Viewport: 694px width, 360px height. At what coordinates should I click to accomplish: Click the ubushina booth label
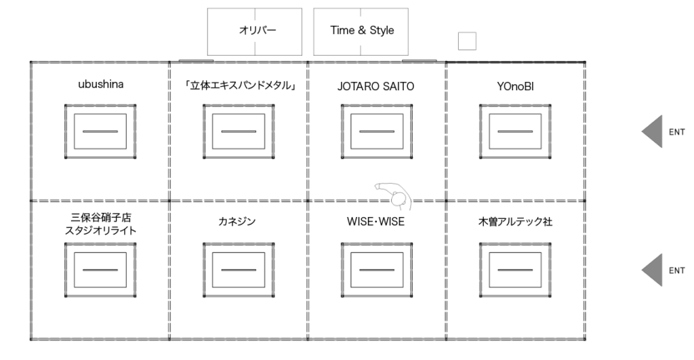100,86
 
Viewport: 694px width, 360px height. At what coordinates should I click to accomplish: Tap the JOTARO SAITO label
375,86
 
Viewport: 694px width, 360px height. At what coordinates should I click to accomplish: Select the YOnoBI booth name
515,86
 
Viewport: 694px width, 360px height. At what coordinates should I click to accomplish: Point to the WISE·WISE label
375,221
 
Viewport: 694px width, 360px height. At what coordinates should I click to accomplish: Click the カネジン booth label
238,221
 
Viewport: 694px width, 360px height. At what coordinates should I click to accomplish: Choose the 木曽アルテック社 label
515,221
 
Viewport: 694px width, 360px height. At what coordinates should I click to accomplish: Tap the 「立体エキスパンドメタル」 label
238,86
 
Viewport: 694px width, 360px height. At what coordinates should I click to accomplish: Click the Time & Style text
361,31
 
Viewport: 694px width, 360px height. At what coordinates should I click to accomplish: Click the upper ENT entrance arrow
652,132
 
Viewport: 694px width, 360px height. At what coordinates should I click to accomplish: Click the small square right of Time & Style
467,41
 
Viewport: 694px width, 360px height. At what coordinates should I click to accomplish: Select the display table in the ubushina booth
100,132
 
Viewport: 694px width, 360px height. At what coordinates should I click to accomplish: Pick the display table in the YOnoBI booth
515,132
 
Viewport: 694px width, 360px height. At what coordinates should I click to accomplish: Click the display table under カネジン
238,269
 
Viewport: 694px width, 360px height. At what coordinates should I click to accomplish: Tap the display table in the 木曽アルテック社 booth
515,269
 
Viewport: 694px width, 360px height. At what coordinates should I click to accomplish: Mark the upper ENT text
676,132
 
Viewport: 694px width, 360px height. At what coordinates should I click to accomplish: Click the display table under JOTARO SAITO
375,132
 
